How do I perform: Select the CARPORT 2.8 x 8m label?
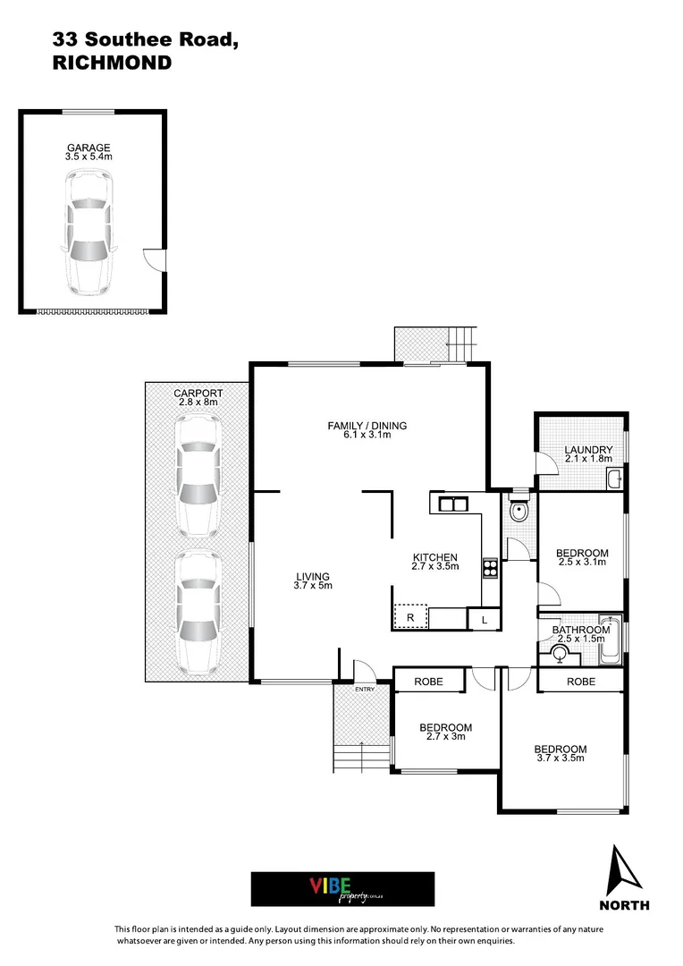(x=198, y=397)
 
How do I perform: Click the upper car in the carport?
(x=198, y=479)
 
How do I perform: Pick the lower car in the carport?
(x=198, y=612)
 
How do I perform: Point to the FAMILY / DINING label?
(x=367, y=430)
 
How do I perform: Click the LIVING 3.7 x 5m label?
(x=313, y=581)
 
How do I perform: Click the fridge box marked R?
(x=411, y=616)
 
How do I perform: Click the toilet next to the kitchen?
(x=519, y=510)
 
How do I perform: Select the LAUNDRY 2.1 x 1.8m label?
(x=588, y=454)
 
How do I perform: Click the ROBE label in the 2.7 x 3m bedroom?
(x=428, y=682)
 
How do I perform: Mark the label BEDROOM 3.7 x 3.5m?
(x=561, y=753)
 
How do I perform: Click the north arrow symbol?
(x=625, y=873)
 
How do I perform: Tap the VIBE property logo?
(x=342, y=889)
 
